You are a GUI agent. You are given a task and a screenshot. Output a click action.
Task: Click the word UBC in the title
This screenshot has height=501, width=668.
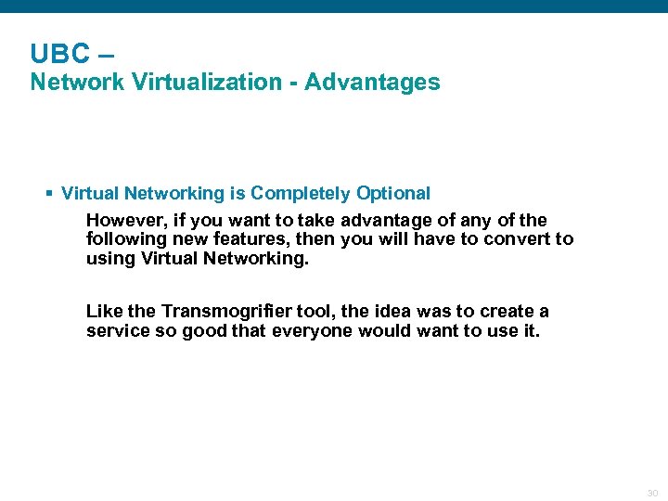tap(58, 53)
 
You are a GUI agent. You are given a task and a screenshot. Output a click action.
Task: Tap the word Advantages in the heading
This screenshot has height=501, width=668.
tap(372, 83)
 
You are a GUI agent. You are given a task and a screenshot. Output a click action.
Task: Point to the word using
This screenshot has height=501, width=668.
tap(110, 258)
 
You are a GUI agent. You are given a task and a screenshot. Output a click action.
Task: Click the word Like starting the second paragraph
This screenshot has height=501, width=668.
tap(104, 312)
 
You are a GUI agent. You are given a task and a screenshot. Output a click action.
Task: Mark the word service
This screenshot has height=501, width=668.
tap(117, 330)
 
